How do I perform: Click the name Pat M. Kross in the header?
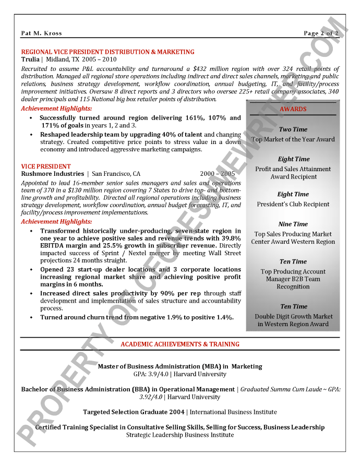click(41, 33)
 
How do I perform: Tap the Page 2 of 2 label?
click(321, 33)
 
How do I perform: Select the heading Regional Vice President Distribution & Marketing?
click(107, 52)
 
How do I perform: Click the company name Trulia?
click(30, 59)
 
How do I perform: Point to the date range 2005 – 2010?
click(100, 59)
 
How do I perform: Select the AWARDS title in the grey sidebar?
click(293, 109)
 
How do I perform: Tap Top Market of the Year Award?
click(293, 139)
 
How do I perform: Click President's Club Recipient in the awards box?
click(293, 204)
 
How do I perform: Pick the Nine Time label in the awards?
click(293, 224)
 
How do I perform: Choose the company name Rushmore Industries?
click(52, 174)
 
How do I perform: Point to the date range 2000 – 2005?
click(217, 174)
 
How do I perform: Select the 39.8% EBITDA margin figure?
click(229, 238)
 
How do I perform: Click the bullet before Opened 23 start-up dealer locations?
click(31, 270)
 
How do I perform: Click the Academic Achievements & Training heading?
click(180, 344)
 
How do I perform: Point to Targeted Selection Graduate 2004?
click(135, 412)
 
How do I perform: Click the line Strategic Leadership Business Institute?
click(180, 435)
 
